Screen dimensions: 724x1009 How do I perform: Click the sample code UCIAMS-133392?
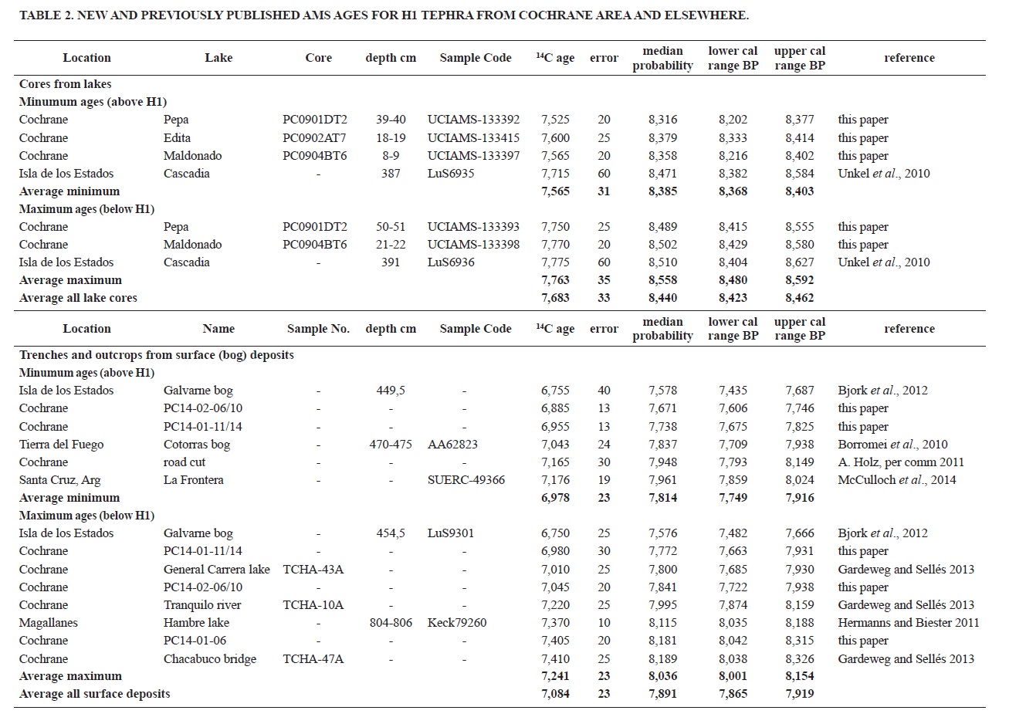click(473, 120)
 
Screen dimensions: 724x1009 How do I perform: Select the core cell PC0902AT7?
click(314, 138)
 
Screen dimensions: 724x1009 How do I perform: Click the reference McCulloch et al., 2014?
click(896, 480)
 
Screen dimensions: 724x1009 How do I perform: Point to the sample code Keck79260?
click(457, 623)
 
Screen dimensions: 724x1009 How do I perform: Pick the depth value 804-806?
click(391, 623)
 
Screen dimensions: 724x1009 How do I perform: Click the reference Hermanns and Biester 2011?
click(908, 623)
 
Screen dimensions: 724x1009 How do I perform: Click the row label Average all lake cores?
click(78, 298)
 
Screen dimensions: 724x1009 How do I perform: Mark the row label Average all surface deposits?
click(94, 694)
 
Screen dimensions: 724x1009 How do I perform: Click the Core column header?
click(318, 58)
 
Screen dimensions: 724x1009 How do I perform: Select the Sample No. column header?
click(318, 329)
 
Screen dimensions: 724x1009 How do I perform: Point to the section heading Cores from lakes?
click(65, 84)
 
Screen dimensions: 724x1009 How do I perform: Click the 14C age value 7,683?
click(555, 298)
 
